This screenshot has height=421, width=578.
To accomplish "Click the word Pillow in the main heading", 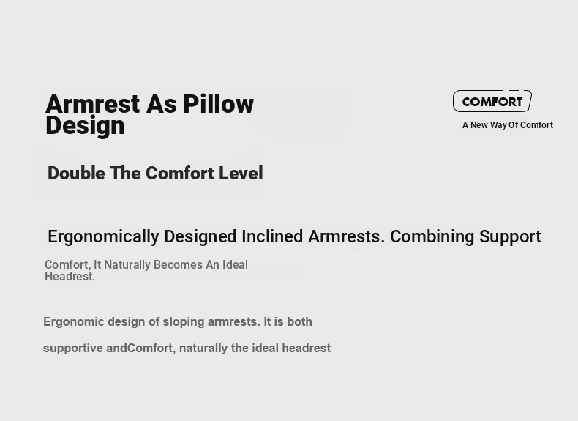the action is click(x=218, y=104).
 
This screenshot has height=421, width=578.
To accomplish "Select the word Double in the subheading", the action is click(x=76, y=173).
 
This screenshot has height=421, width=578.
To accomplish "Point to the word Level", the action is click(x=241, y=173).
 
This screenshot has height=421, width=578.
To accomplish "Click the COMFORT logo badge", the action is click(x=492, y=101).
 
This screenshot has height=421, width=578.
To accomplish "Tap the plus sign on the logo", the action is click(x=514, y=90).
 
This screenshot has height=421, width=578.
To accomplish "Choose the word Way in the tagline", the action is click(x=498, y=125).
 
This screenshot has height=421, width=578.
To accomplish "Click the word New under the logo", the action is click(x=478, y=125).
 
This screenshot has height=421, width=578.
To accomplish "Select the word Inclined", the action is click(x=272, y=236).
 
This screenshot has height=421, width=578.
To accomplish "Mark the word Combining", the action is click(x=432, y=237).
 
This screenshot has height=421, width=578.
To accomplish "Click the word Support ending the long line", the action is click(x=510, y=237).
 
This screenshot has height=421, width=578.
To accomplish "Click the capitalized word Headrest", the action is click(x=70, y=276).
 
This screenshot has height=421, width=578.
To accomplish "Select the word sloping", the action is click(x=184, y=322).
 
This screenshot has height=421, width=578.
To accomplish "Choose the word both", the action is click(x=300, y=321).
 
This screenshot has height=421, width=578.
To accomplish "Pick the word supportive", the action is click(x=73, y=349).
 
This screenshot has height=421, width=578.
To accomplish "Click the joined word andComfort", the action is click(x=140, y=349).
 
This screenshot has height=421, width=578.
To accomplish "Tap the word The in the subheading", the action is click(x=125, y=173).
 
